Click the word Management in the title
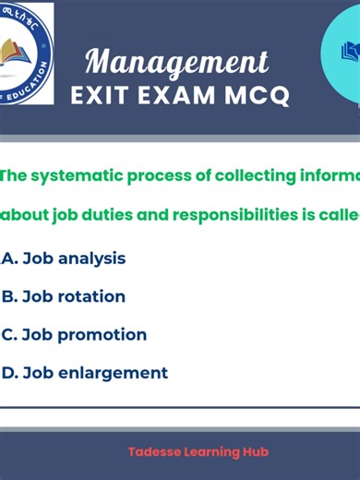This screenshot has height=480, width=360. click(x=177, y=62)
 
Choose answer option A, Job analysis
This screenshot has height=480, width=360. click(x=64, y=258)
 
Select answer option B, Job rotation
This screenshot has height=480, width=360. click(x=64, y=296)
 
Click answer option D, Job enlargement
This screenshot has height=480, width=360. click(x=85, y=373)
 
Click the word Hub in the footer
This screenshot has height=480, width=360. click(x=242, y=453)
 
